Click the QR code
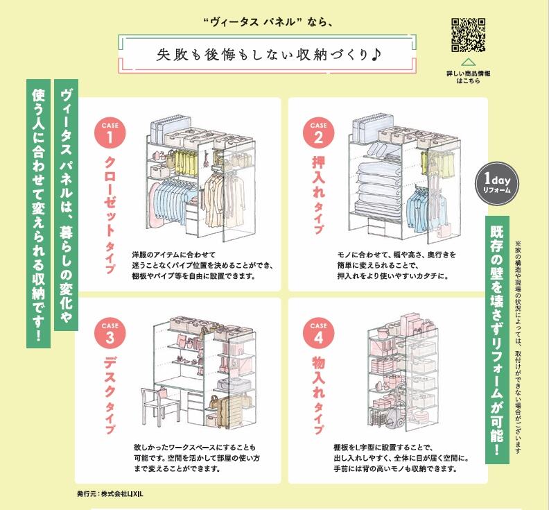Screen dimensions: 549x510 pyautogui.click(x=468, y=35)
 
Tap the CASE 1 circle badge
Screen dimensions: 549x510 pyautogui.click(x=110, y=133)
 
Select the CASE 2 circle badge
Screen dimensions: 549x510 pyautogui.click(x=319, y=133)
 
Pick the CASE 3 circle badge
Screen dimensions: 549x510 pyautogui.click(x=110, y=333)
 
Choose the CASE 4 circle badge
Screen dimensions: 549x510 pyautogui.click(x=319, y=333)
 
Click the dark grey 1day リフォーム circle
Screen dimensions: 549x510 pyautogui.click(x=497, y=184)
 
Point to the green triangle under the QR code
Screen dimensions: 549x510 pyautogui.click(x=468, y=62)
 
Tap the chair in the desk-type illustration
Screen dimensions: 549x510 pyautogui.click(x=159, y=407)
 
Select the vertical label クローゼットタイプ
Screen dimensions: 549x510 pyautogui.click(x=110, y=214)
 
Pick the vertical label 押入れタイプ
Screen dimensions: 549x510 pyautogui.click(x=319, y=195)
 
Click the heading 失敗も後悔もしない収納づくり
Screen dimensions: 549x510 pyautogui.click(x=262, y=55)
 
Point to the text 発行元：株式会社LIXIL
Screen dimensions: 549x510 pyautogui.click(x=110, y=494)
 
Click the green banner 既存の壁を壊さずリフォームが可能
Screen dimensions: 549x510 pyautogui.click(x=497, y=339)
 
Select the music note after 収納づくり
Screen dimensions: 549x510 pyautogui.click(x=376, y=54)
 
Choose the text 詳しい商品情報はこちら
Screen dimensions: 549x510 pyautogui.click(x=468, y=77)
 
